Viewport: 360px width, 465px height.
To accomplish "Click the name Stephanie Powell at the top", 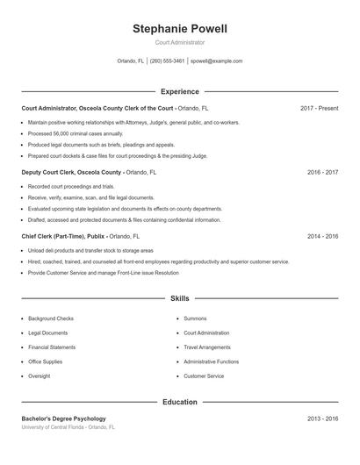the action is (x=180, y=29).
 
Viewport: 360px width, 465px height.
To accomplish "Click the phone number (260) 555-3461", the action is (x=167, y=61).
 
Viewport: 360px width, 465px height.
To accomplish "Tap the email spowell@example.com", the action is (x=216, y=61).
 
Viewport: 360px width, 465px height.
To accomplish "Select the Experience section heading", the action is (x=180, y=91).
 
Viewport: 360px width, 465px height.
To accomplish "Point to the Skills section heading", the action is (x=180, y=299).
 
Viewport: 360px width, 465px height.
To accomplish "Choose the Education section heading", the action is (x=180, y=403).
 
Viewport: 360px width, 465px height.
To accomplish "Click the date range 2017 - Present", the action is (x=319, y=108).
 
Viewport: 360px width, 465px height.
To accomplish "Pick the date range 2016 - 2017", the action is (x=323, y=173).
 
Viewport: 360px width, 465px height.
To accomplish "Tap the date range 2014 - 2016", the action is (x=323, y=237).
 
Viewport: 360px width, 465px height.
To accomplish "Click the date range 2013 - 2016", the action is (x=323, y=419).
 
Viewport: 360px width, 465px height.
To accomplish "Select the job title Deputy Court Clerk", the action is (x=47, y=173).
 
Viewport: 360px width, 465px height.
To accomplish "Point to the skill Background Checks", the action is (x=51, y=318).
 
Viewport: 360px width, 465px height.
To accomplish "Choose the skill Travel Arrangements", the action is (x=207, y=347).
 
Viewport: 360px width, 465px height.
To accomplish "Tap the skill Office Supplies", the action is (x=46, y=361).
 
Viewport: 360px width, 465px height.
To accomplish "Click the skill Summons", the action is (x=195, y=318).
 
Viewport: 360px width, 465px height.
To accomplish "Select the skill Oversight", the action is (x=40, y=376).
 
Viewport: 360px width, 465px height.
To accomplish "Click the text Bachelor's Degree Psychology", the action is (x=63, y=419).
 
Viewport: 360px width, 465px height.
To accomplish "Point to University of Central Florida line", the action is (x=68, y=427).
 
